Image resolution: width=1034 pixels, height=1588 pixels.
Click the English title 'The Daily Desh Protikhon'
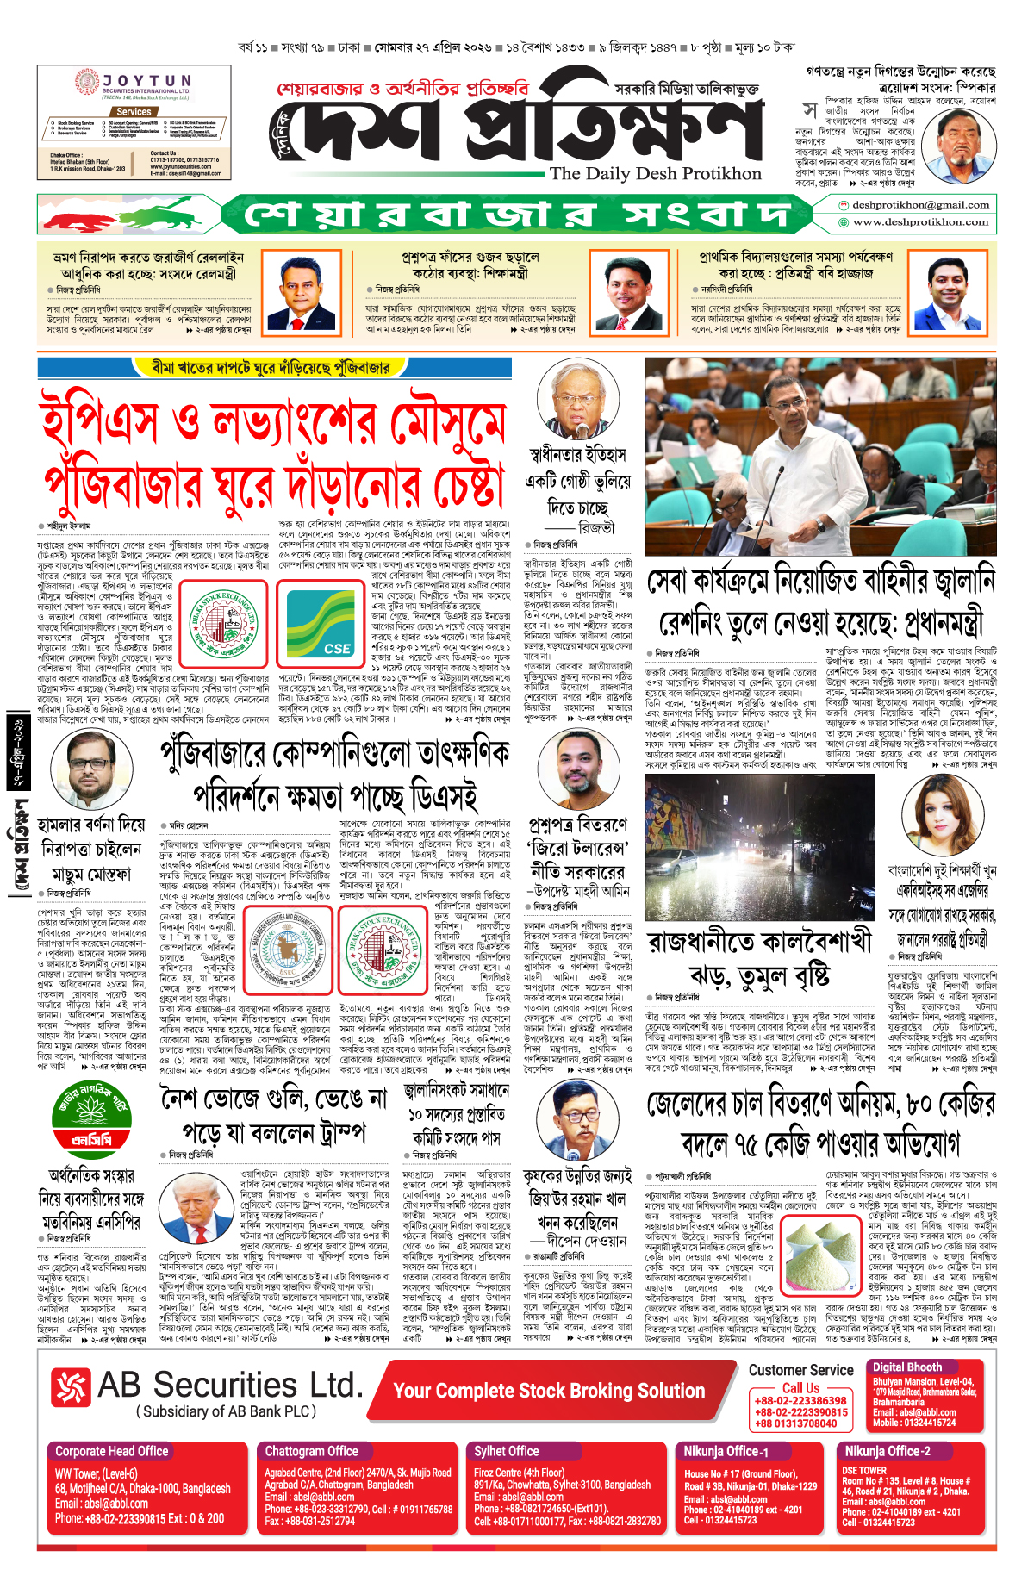tap(655, 173)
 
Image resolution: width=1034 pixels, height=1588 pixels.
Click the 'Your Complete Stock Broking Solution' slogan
tap(548, 1391)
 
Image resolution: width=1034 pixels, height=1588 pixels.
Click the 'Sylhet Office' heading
tap(507, 1451)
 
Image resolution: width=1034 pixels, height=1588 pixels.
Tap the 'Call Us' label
tap(800, 1388)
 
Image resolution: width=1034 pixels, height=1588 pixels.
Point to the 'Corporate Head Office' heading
tap(112, 1451)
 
